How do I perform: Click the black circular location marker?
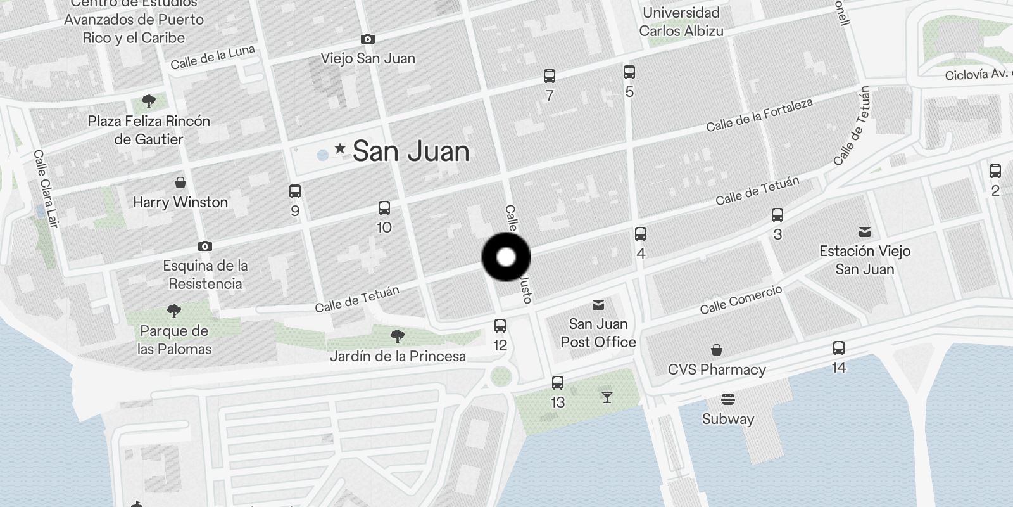[x=506, y=257]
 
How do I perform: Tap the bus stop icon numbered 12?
[x=500, y=326]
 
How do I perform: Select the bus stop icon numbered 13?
[x=557, y=383]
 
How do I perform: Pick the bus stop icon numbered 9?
[x=294, y=191]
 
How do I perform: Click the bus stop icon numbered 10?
[x=384, y=208]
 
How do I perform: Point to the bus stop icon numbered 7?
[x=549, y=77]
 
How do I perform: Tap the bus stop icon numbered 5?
[x=629, y=72]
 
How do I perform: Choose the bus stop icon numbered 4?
[x=640, y=234]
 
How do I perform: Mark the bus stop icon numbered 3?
[x=777, y=215]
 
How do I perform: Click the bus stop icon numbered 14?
[x=838, y=348]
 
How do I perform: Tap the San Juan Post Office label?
[x=598, y=333]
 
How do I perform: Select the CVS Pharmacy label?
[x=717, y=369]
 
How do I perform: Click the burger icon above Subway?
[x=727, y=400]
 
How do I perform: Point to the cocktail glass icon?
[x=607, y=397]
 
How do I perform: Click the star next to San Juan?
[x=340, y=149]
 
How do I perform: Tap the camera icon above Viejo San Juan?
[x=367, y=39]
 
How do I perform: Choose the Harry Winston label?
[x=180, y=202]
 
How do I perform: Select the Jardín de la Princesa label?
[x=398, y=356]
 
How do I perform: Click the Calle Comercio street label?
[x=741, y=299]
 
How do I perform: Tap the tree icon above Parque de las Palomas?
[x=173, y=311]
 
